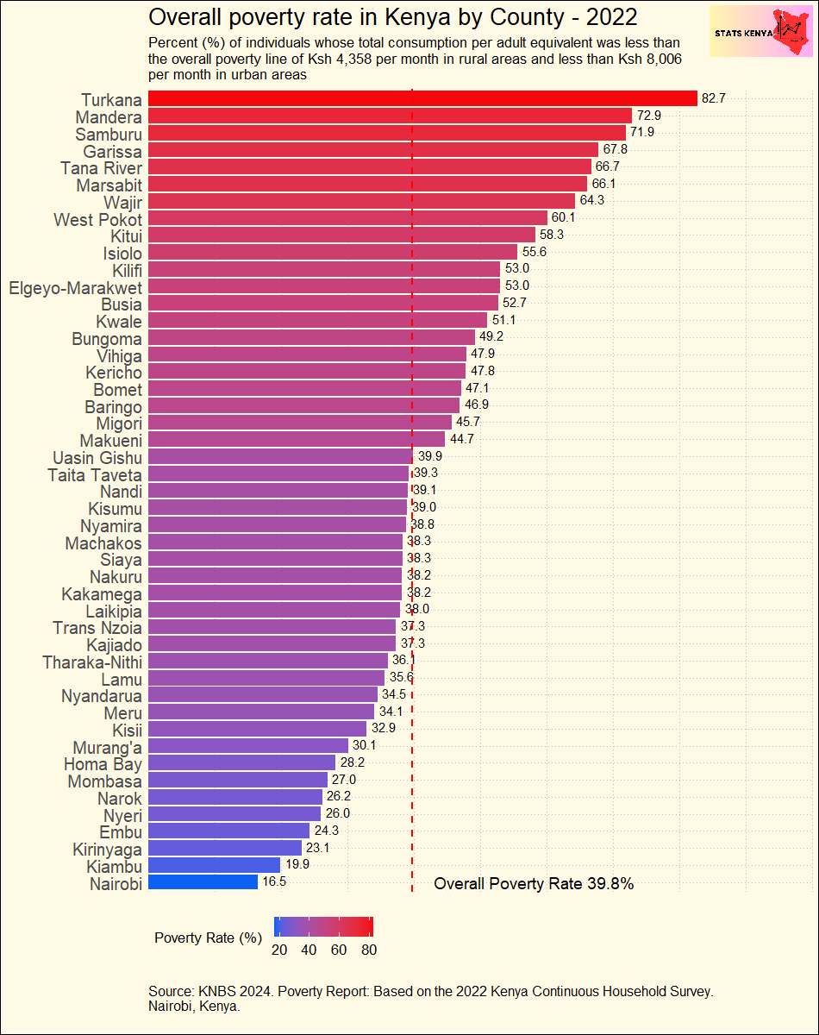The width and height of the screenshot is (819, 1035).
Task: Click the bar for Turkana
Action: click(x=422, y=98)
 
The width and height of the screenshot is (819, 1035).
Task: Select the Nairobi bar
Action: click(x=203, y=882)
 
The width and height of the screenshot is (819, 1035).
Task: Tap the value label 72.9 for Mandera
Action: click(x=648, y=116)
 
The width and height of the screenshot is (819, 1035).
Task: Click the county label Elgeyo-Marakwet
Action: click(x=75, y=286)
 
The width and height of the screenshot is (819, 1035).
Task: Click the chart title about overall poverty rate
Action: click(x=393, y=17)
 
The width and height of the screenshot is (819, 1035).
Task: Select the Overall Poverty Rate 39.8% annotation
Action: click(x=534, y=884)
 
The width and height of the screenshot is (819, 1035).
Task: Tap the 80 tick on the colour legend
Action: click(x=368, y=950)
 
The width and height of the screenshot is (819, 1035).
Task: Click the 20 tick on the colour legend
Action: click(x=279, y=950)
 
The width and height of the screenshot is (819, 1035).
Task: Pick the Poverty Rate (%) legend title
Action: click(x=208, y=938)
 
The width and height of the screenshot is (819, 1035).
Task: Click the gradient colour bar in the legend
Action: click(x=323, y=926)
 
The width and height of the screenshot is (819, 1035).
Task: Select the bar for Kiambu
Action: click(x=214, y=865)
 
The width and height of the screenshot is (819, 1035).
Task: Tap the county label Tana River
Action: click(x=102, y=167)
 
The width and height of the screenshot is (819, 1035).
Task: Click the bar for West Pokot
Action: click(x=347, y=218)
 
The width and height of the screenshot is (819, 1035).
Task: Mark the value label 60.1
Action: click(x=563, y=218)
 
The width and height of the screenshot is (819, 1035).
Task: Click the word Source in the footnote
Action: click(x=171, y=992)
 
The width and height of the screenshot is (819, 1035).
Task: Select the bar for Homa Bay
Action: click(x=241, y=762)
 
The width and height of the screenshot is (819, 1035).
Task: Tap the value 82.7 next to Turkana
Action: click(x=713, y=99)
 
